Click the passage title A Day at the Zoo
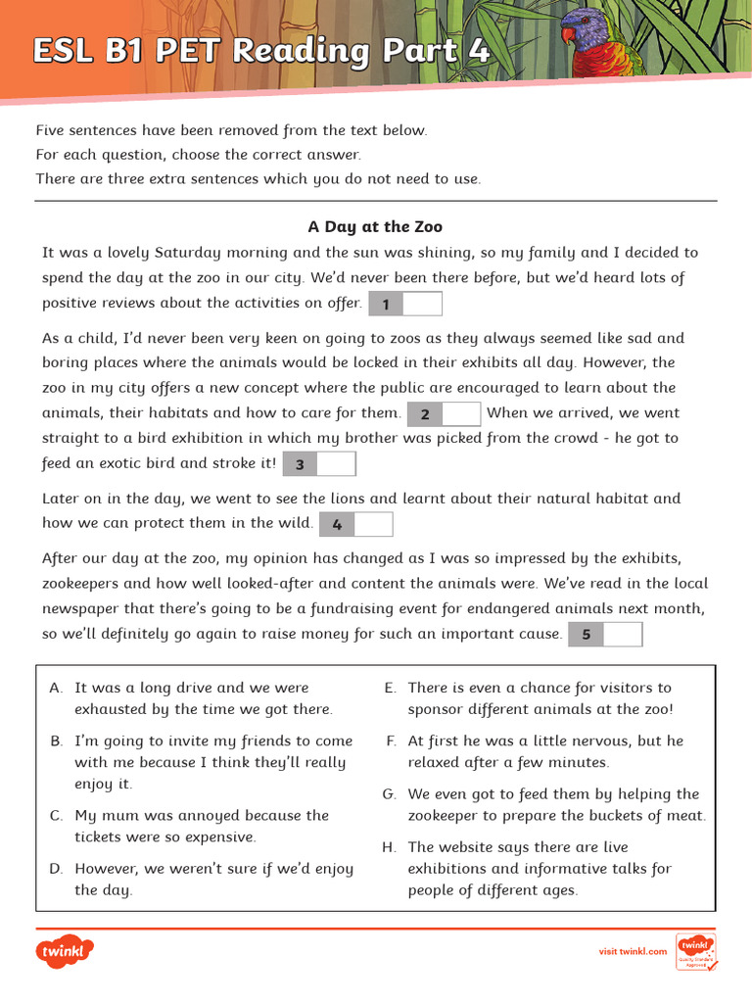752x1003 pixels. pos(375,226)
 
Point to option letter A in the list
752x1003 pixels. pos(56,689)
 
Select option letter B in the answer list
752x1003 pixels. pos(56,741)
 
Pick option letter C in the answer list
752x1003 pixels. pos(56,816)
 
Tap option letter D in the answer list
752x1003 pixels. pos(56,869)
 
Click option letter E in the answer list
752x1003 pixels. pos(389,689)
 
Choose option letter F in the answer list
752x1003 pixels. pos(390,741)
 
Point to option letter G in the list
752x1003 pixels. pos(389,794)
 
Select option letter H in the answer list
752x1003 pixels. pos(389,847)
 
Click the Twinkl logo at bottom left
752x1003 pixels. pos(65,951)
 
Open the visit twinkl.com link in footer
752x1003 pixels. pos(633,951)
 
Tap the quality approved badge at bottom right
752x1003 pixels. pos(695,951)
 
